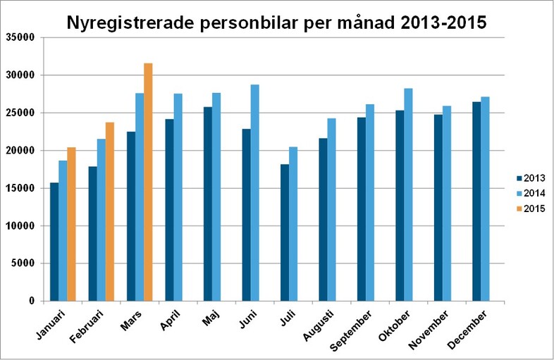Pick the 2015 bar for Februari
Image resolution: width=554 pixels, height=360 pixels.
(x=109, y=211)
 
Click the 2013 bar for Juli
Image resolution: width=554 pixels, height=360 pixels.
(x=284, y=232)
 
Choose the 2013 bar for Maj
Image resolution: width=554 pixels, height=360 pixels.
(x=207, y=204)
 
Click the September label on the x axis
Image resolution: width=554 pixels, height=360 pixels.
(x=351, y=330)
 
